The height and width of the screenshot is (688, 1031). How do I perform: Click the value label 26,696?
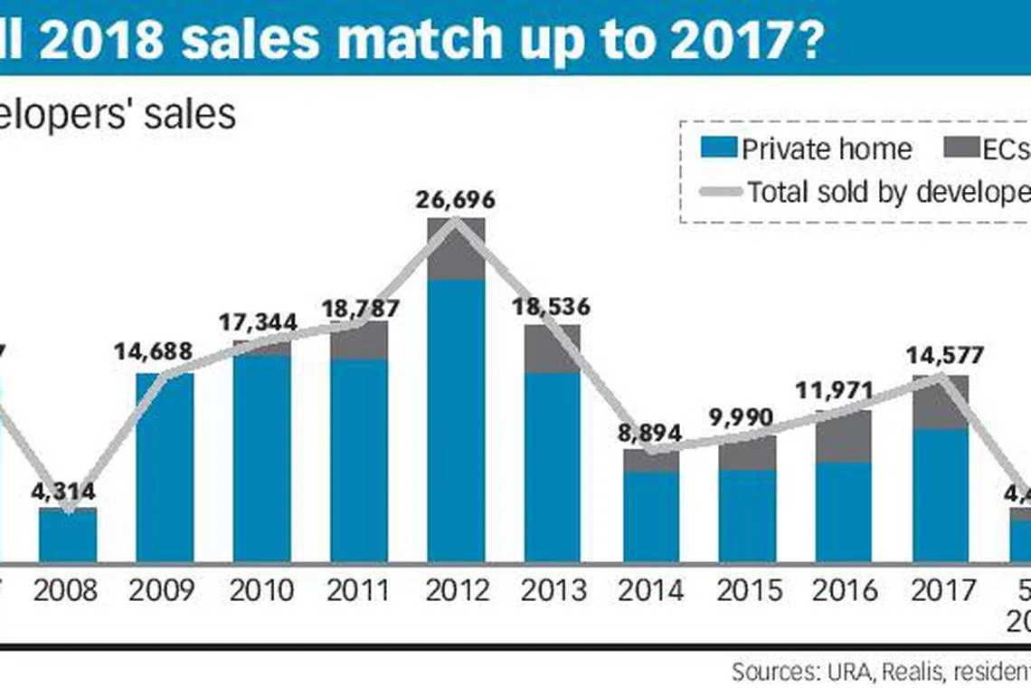pos(456,200)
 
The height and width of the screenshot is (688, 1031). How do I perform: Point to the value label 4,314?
pos(67,492)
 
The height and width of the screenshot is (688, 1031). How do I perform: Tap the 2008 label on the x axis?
pos(67,590)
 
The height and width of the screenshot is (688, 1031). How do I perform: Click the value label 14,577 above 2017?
pos(941,356)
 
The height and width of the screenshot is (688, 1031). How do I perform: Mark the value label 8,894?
pos(650,433)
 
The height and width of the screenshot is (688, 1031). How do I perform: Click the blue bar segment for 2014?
pos(650,516)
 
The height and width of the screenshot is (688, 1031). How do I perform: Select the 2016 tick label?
pos(845,590)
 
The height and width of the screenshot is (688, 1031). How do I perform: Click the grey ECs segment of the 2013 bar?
pos(553,349)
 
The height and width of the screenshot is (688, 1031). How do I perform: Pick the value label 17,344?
pos(262,323)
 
